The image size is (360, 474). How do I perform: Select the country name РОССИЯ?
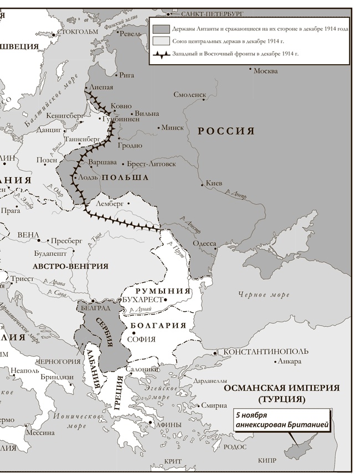pos(226,131)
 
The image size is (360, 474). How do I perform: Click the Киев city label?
pos(213,183)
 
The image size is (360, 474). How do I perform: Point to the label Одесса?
pos(204,243)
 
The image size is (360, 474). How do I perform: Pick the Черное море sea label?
pos(264,295)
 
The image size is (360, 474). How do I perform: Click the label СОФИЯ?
pos(141,339)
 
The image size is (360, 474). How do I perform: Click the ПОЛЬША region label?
pos(125,177)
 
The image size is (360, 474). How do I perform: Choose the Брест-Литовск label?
pos(151,164)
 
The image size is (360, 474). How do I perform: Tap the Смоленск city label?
pos(189,95)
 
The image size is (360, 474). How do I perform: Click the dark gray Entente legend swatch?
pos(161,28)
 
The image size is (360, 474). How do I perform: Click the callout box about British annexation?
pos(282,420)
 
